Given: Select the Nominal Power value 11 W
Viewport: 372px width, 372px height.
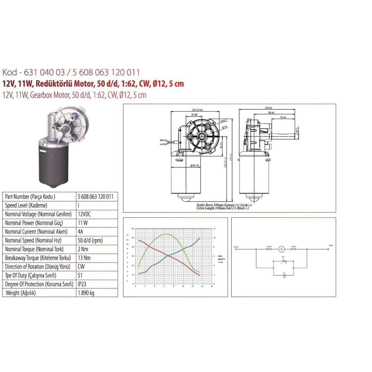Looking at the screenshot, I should click(83, 223).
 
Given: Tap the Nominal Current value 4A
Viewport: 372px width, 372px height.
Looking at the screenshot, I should click(80, 232).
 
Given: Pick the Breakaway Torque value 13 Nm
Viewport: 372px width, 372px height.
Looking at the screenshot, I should click(84, 258).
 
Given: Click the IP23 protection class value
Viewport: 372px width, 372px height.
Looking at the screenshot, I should click(82, 284).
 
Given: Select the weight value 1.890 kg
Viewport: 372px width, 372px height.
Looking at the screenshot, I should click(86, 293).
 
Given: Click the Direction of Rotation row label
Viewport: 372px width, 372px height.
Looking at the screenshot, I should click(39, 267).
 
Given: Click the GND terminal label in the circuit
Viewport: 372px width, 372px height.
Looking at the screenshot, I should click(331, 246).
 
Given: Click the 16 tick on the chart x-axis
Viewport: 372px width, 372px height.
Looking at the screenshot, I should click(212, 286).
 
